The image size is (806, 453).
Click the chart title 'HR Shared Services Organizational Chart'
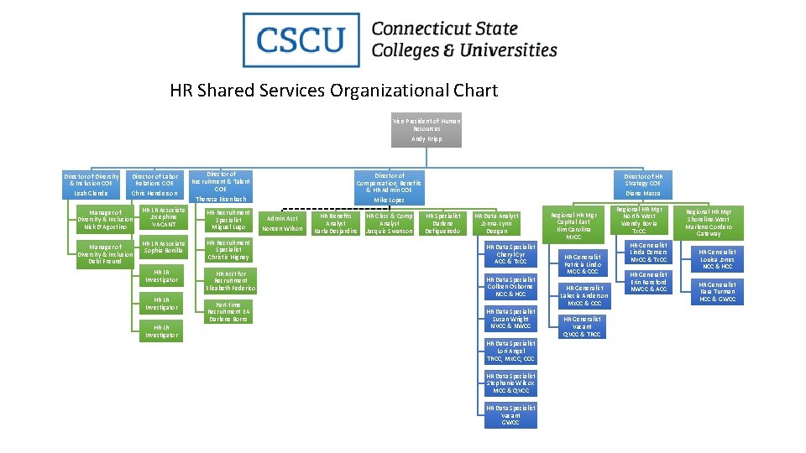333,91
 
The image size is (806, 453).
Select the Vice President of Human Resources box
427,130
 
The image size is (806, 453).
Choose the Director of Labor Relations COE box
154,185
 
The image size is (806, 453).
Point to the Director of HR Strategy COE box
643,185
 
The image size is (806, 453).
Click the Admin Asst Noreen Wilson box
282,224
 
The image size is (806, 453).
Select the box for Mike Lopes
389,187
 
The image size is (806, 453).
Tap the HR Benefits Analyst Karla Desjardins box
336,223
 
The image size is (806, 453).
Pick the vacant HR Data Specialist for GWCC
510,415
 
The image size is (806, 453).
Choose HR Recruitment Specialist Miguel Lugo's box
228,220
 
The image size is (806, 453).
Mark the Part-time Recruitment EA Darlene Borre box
228,312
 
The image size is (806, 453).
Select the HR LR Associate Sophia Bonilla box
164,247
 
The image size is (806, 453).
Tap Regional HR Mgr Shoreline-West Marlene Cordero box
709,223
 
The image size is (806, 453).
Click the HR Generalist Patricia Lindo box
583,264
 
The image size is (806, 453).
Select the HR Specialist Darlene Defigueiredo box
443,223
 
